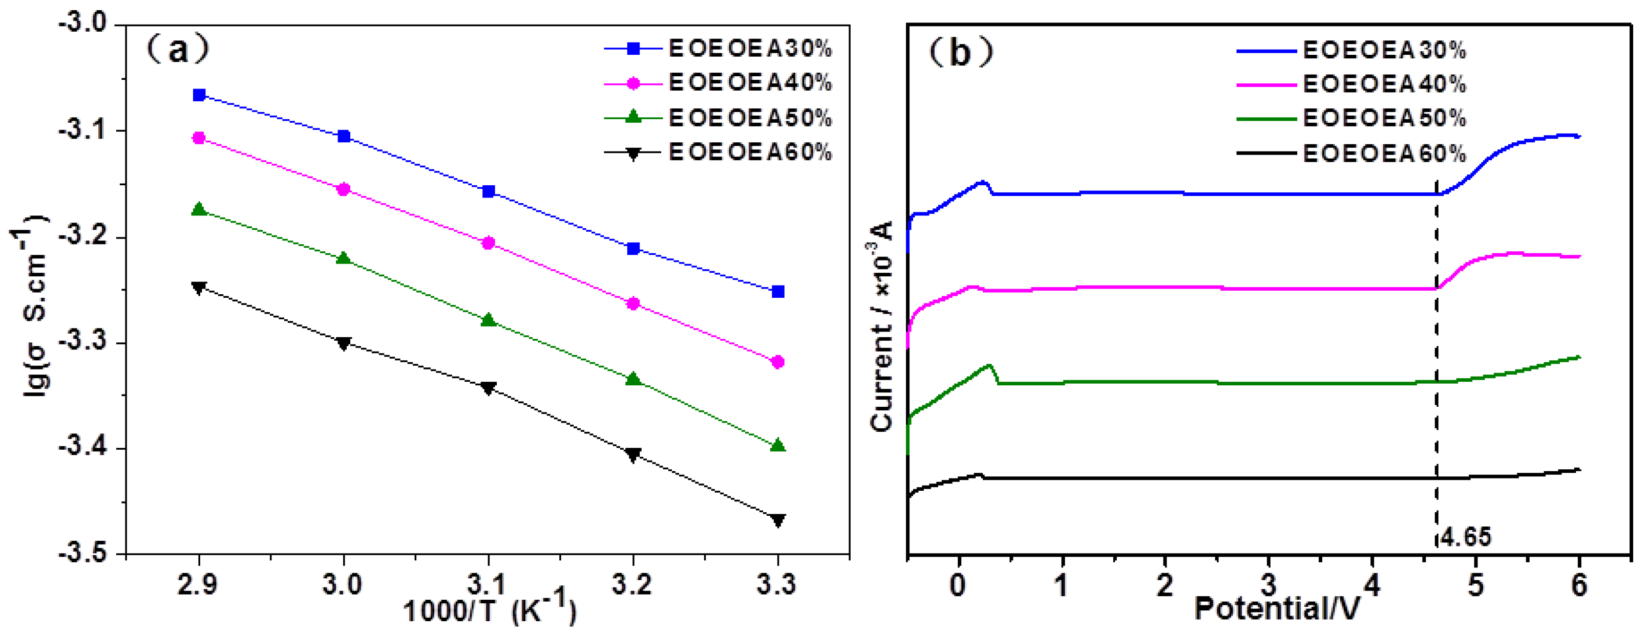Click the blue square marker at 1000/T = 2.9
199,95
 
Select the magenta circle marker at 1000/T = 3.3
778,362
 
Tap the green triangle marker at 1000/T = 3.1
489,320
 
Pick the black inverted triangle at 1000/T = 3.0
344,343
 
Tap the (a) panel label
177,49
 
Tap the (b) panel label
960,52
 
